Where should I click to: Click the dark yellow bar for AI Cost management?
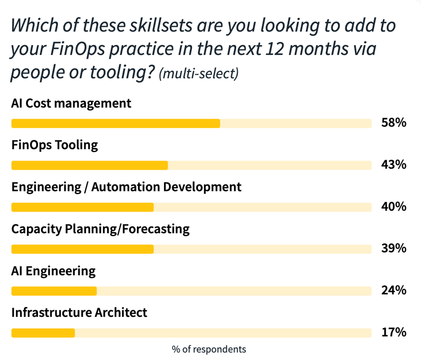tap(116, 124)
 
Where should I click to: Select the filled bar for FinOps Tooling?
tap(89, 165)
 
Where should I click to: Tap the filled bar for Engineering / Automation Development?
tap(82, 207)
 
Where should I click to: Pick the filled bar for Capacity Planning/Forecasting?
tap(82, 249)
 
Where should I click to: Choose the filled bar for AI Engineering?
tap(54, 291)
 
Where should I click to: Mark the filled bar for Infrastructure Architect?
tap(43, 333)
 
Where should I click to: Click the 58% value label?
tap(394, 123)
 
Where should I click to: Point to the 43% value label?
tap(394, 165)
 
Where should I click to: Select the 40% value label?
tap(394, 207)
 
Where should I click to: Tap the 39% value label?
tap(394, 248)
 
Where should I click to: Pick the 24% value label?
tap(394, 290)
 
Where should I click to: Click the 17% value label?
tap(394, 332)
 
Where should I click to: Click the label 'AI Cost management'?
tap(71, 104)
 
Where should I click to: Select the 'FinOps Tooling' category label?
tap(55, 146)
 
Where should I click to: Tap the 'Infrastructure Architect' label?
tap(79, 313)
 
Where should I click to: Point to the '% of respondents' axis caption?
tap(209, 349)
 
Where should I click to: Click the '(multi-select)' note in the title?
tap(199, 74)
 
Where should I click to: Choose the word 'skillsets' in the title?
tap(161, 26)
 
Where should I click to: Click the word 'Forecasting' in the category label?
tap(156, 229)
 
